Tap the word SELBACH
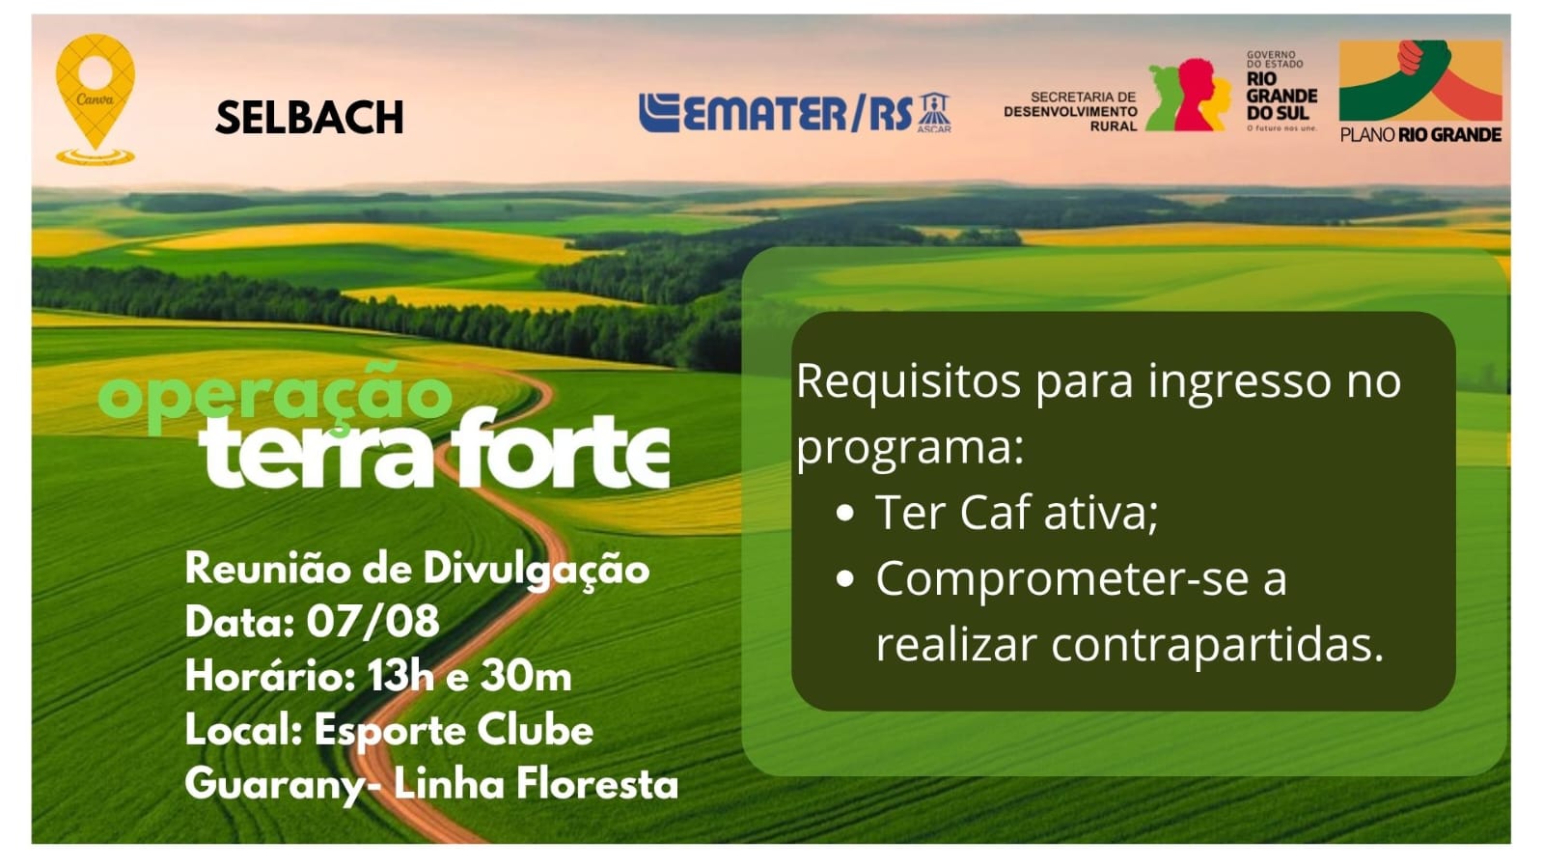pos(310,117)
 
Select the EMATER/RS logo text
pos(776,112)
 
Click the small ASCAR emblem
pos(934,112)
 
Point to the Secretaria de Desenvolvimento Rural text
pos(1070,111)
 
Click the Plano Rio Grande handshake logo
pos(1420,91)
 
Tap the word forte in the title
pos(560,450)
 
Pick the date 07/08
pos(372,621)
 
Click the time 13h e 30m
pos(469,676)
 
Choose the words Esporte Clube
pos(454,730)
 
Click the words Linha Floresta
pos(536,785)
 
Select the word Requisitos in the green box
pos(909,381)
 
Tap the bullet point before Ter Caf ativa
pos(845,513)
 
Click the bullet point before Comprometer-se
pos(845,578)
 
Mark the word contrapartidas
pos(1217,645)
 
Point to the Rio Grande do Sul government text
pos(1281,91)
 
